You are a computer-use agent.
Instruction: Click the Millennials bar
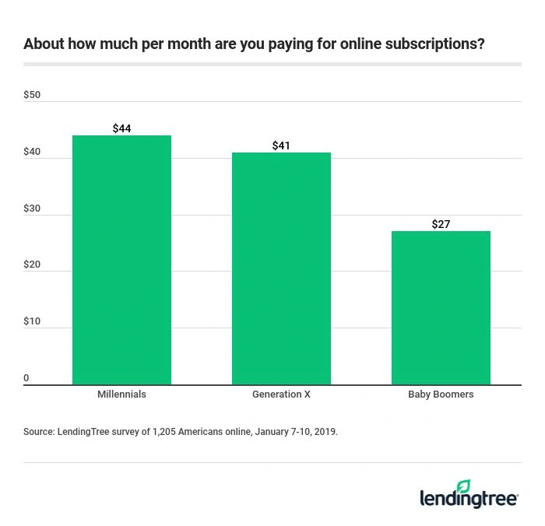(x=121, y=260)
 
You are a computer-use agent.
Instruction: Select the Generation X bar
(x=281, y=268)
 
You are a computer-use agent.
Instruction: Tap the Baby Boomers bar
(x=441, y=307)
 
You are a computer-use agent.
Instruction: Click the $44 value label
(x=121, y=128)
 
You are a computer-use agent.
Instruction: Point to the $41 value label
(x=281, y=146)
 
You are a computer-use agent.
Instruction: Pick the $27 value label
(x=441, y=224)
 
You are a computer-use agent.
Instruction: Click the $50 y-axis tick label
(x=32, y=96)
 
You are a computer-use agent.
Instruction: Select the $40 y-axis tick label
(x=32, y=153)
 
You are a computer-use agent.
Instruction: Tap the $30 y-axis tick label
(x=32, y=209)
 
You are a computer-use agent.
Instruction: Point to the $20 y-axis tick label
(x=32, y=265)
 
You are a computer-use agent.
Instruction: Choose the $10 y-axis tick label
(x=32, y=322)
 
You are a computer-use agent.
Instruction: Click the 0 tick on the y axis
(x=26, y=378)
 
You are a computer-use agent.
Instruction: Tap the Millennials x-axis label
(x=121, y=394)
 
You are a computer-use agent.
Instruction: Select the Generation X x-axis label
(x=281, y=394)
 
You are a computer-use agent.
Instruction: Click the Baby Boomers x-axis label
(x=441, y=394)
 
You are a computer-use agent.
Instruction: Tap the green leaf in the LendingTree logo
(x=464, y=486)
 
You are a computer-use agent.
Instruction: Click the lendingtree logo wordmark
(x=468, y=499)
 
